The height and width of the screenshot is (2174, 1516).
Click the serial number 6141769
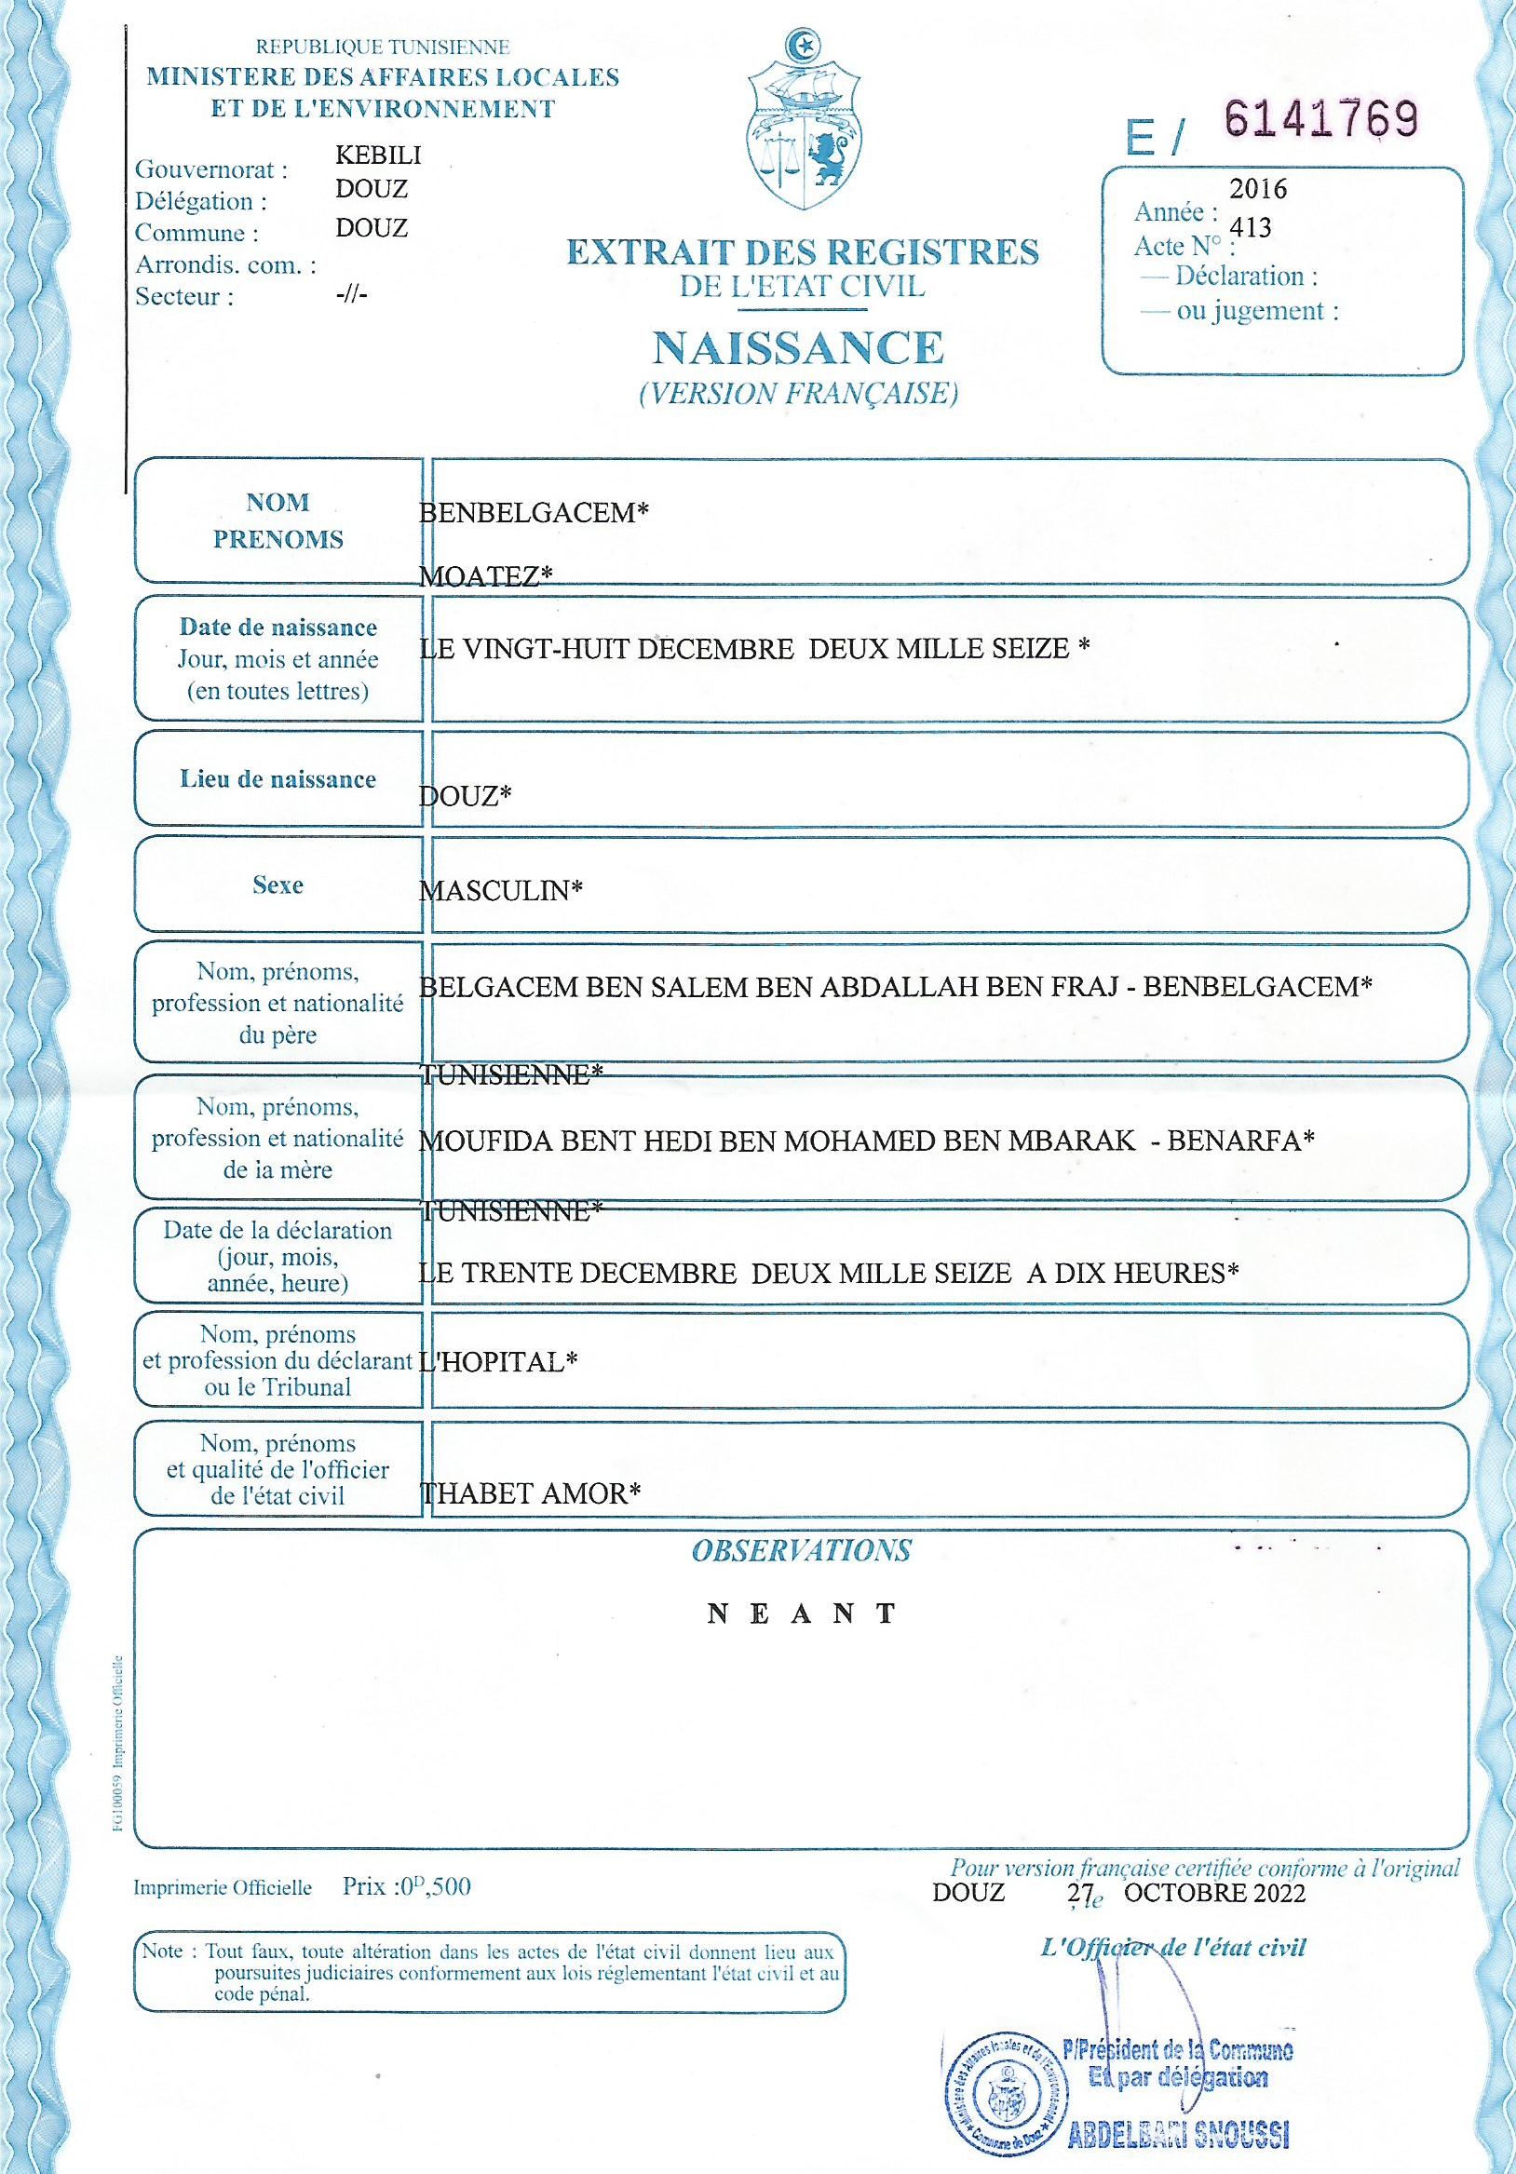(x=1321, y=121)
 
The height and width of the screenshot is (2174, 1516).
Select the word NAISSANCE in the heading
(x=797, y=348)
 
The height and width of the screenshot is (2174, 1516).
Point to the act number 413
(x=1250, y=228)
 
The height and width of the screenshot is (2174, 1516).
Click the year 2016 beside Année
(x=1258, y=189)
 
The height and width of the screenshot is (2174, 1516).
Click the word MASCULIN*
(x=501, y=890)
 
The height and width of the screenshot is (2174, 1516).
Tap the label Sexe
(x=277, y=885)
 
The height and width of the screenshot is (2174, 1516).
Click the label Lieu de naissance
(x=277, y=779)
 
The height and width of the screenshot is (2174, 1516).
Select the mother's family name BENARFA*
(x=1240, y=1140)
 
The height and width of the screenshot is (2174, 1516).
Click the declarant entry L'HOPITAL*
(x=498, y=1362)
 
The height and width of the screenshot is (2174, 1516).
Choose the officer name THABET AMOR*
(x=529, y=1494)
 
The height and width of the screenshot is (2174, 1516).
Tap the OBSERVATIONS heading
(x=801, y=1551)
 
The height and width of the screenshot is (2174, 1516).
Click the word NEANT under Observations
(x=801, y=1614)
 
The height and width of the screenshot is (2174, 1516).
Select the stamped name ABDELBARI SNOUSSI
(x=1178, y=2135)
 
